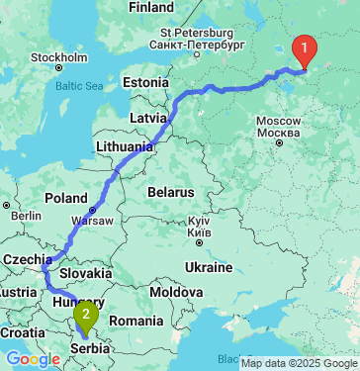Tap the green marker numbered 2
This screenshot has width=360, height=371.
coord(86,316)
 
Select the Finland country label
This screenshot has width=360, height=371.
coord(151,7)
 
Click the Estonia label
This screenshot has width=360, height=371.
coord(146,82)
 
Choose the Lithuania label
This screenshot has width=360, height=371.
coord(124,146)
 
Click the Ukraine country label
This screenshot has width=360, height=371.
coord(209,268)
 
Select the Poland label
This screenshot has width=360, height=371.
coord(66,197)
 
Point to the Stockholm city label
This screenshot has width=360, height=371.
coord(58,56)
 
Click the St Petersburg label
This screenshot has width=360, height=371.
coord(196,39)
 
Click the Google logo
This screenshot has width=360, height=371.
coord(33,359)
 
